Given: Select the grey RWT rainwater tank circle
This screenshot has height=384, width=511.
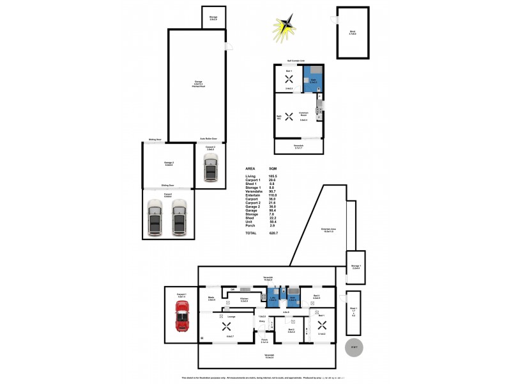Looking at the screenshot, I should (x=353, y=348).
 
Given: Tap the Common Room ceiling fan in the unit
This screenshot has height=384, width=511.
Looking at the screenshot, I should (x=289, y=116).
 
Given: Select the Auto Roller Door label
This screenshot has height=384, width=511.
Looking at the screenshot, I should (x=209, y=138).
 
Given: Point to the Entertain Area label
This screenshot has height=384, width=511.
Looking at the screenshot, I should (x=328, y=230).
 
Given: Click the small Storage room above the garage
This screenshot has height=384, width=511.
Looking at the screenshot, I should (x=213, y=17).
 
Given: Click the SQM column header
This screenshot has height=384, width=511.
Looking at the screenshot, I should (x=273, y=168).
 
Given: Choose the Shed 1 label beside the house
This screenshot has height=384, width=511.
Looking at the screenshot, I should (x=353, y=310).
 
